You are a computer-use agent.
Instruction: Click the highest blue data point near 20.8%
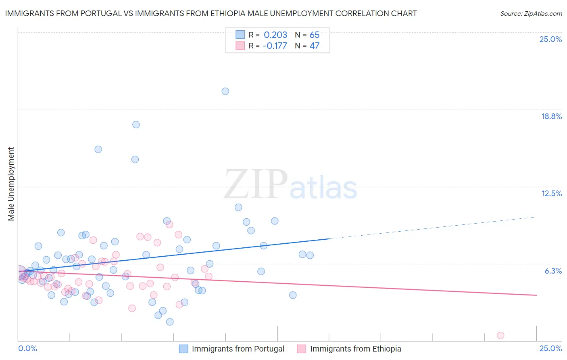pyautogui.click(x=225, y=91)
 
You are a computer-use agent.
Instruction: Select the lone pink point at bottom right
pyautogui.click(x=500, y=335)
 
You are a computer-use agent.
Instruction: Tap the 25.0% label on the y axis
pyautogui.click(x=550, y=39)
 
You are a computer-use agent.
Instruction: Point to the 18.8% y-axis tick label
pyautogui.click(x=551, y=116)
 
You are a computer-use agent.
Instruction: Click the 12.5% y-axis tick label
pyautogui.click(x=551, y=193)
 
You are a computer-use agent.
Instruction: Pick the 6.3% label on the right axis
pyautogui.click(x=553, y=271)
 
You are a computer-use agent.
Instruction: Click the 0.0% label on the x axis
pyautogui.click(x=27, y=348)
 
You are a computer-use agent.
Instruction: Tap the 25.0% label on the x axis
pyautogui.click(x=550, y=348)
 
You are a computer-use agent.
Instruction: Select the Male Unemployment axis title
pyautogui.click(x=11, y=184)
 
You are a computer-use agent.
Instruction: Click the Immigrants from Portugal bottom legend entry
pyautogui.click(x=238, y=349)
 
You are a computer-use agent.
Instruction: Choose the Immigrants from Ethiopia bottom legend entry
pyautogui.click(x=355, y=349)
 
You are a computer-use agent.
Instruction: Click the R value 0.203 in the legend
pyautogui.click(x=275, y=35)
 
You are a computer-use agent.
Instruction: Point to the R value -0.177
pyautogui.click(x=275, y=46)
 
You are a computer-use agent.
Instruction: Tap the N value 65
pyautogui.click(x=315, y=35)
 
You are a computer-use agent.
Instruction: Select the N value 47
pyautogui.click(x=315, y=46)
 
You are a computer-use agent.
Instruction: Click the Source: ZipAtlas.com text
pyautogui.click(x=531, y=14)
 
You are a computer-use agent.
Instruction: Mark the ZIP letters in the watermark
pyautogui.click(x=255, y=184)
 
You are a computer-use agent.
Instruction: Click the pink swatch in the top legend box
pyautogui.click(x=240, y=46)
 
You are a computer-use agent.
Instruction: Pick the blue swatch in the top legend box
pyautogui.click(x=240, y=35)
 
